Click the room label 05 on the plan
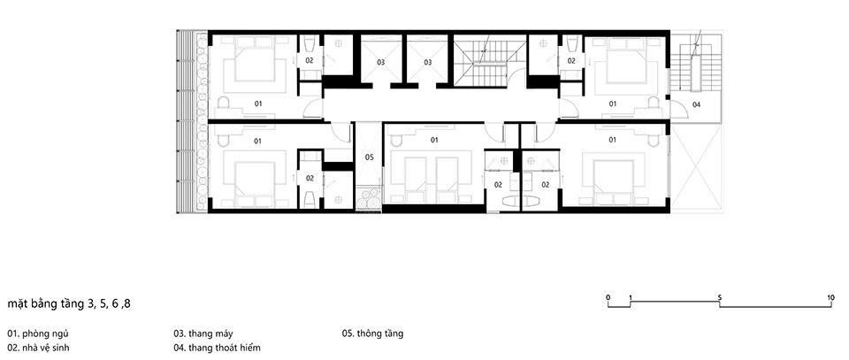(x=369, y=157)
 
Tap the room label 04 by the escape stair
(x=696, y=104)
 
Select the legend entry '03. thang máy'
(x=203, y=334)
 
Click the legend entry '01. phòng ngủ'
(x=38, y=334)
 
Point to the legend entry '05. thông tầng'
(x=372, y=334)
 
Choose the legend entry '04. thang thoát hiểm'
(x=218, y=348)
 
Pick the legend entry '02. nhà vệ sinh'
(x=38, y=348)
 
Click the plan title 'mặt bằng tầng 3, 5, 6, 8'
(x=69, y=304)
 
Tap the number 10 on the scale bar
(x=831, y=297)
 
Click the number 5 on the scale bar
(x=720, y=297)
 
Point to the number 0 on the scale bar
(x=608, y=297)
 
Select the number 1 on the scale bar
(x=631, y=297)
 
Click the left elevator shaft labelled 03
(x=381, y=62)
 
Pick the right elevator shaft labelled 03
(x=428, y=62)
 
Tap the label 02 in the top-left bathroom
(x=310, y=61)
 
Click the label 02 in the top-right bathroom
(x=571, y=61)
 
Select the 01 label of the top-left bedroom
(x=258, y=103)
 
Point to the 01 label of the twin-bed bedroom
(x=434, y=140)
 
